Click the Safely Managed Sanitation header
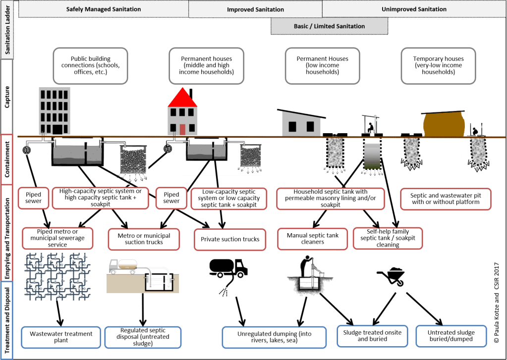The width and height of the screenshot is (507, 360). [104, 9]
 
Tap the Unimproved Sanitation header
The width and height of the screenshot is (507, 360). [414, 9]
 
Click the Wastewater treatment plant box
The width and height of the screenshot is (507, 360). [60, 337]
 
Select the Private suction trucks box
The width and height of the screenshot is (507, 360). [230, 239]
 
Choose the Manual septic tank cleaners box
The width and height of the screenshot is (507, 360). [313, 239]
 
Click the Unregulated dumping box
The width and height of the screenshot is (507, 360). [274, 337]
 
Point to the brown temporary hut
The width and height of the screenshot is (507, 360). [443, 123]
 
